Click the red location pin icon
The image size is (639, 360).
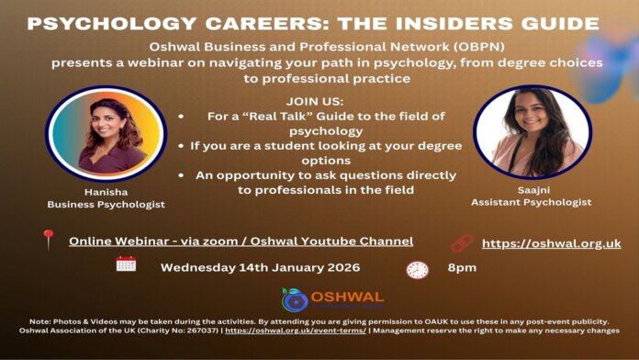coord(48,241)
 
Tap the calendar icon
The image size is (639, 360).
coord(126,265)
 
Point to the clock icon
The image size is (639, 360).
coord(417,269)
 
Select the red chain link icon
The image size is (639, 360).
coord(461,243)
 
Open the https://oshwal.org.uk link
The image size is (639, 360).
coord(551,243)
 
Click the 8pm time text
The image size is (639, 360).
coord(462,267)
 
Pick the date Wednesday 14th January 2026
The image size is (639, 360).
coord(260,267)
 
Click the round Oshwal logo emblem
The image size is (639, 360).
coord(295,299)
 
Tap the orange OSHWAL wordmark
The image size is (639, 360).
coord(346,298)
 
